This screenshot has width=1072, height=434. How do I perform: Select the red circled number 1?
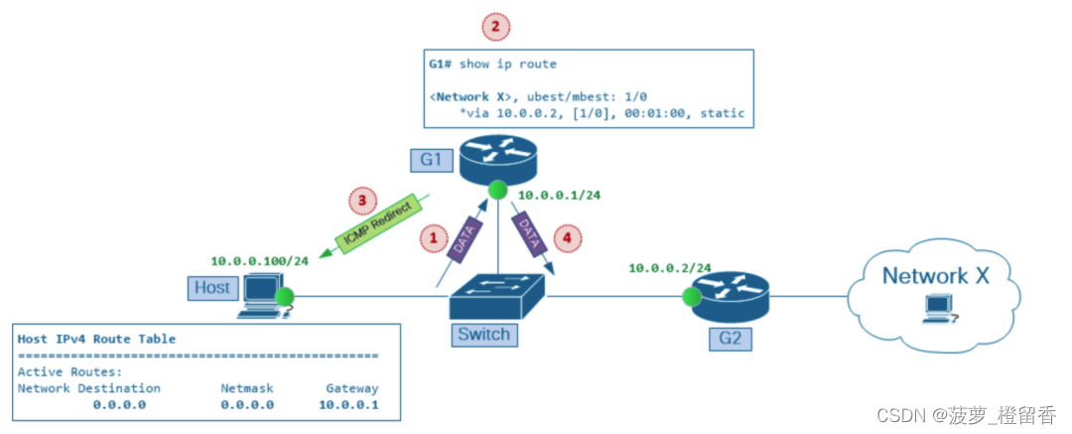[432, 238]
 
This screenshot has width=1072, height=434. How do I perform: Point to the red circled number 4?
[566, 238]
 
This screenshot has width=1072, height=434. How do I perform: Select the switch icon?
[498, 292]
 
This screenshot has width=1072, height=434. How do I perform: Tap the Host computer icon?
[263, 294]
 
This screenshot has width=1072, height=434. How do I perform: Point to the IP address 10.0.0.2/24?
[670, 267]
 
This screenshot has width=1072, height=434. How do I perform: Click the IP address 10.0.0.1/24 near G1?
[559, 195]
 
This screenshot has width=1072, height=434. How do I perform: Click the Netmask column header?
[247, 388]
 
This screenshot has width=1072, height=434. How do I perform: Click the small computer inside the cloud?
[937, 310]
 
